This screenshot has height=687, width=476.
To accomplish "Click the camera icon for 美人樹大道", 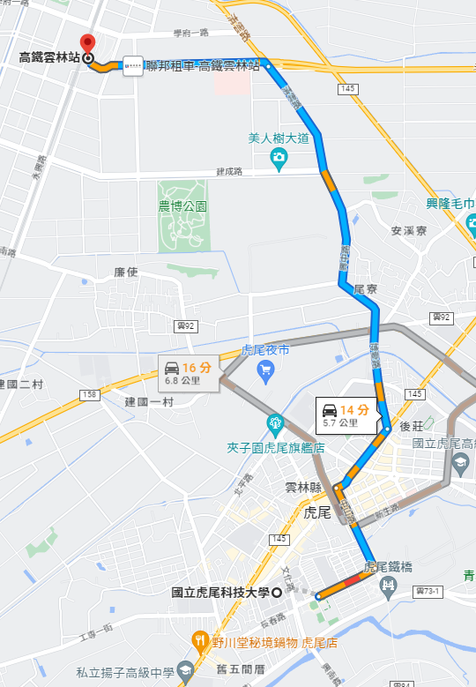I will (x=279, y=159).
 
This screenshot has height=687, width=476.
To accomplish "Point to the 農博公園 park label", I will (x=182, y=206).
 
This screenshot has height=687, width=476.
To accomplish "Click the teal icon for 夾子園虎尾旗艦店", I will (x=276, y=425).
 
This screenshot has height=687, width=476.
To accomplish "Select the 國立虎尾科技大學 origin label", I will (x=221, y=592).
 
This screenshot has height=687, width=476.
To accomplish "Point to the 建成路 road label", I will (x=228, y=171).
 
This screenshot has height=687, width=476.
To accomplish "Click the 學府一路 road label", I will (x=190, y=34).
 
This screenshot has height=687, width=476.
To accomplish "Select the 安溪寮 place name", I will (x=408, y=231).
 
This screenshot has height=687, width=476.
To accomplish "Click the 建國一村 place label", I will (x=150, y=401).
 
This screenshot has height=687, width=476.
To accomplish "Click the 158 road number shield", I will (x=87, y=393).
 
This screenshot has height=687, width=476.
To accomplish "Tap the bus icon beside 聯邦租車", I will (x=133, y=65).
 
